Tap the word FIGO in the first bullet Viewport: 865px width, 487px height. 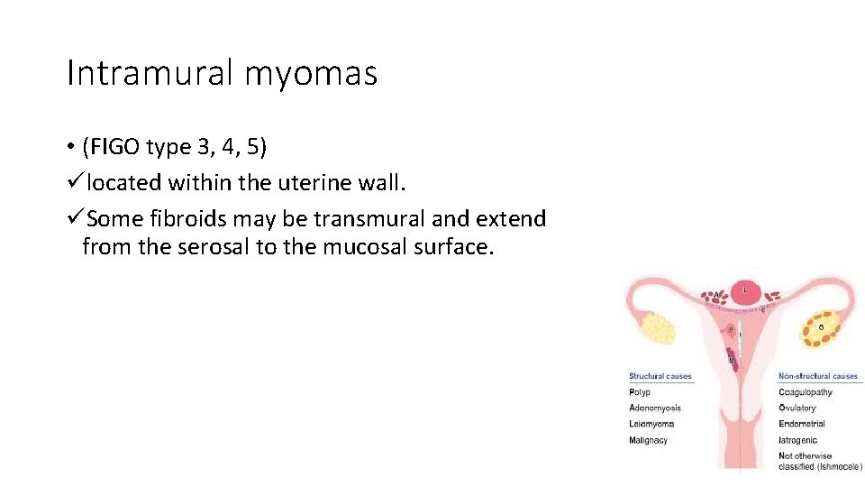[115, 146]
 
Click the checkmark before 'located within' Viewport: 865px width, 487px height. [76, 183]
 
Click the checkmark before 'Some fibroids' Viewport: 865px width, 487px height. [76, 219]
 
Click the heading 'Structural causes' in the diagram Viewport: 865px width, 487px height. [660, 376]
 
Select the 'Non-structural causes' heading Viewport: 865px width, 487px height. [818, 376]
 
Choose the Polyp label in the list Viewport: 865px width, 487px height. [639, 392]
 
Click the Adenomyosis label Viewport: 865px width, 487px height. [655, 409]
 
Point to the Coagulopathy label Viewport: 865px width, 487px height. [805, 392]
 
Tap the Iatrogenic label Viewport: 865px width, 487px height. [797, 440]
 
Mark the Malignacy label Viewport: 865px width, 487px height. [649, 440]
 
